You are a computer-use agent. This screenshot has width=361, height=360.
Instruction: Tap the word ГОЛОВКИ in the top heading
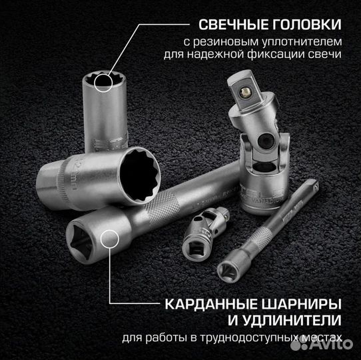pos(307,25)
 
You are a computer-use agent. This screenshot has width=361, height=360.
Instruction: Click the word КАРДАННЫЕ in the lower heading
pos(204,303)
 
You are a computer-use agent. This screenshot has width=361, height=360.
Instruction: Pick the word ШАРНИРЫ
pos(296,303)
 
